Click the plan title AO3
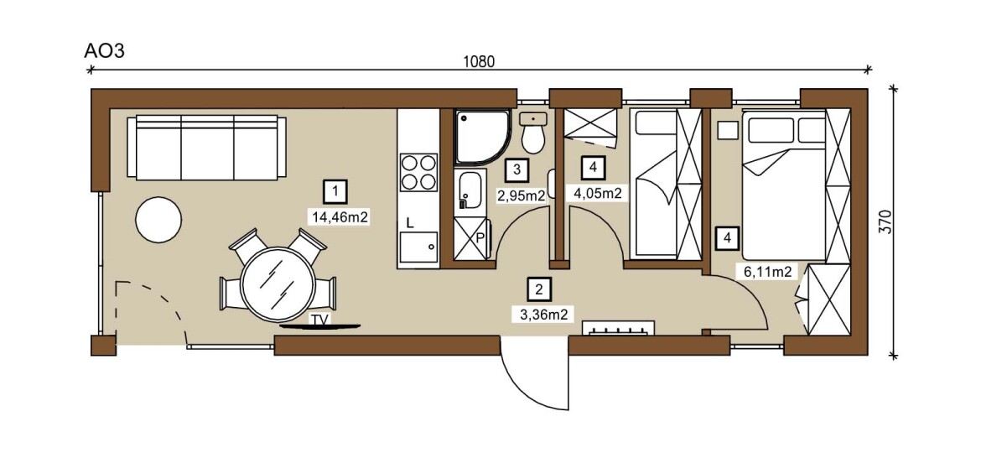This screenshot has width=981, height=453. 105,50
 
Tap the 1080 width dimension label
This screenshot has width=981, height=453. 479,61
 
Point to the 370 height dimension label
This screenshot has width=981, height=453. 884,221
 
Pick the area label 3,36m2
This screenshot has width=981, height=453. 543,315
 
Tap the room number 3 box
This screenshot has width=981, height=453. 516,169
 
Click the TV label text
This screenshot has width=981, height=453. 320,320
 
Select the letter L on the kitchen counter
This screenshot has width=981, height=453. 410,222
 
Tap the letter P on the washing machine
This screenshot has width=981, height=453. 480,237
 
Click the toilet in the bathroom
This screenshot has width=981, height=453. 533,133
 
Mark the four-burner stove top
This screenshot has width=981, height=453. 418,172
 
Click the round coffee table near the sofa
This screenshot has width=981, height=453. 159,220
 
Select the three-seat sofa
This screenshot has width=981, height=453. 207,148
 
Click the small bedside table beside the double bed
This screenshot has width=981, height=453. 729,131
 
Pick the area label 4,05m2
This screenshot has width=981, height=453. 598,193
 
